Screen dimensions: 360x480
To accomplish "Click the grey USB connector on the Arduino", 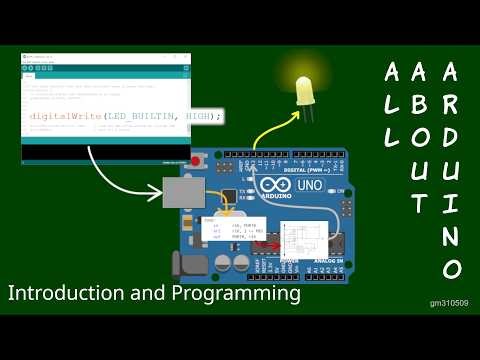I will [x=183, y=191].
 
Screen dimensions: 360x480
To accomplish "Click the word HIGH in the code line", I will [x=196, y=117].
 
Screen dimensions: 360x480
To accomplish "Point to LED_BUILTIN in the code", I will [x=140, y=117].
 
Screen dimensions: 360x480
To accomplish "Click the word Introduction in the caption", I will [x=60, y=295].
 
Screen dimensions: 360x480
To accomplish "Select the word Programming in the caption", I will [x=240, y=295].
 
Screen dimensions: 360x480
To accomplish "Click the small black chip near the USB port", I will [x=230, y=196].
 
